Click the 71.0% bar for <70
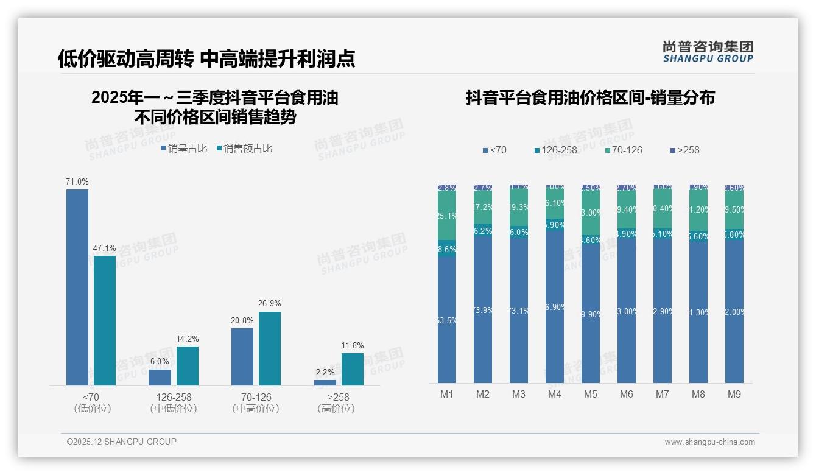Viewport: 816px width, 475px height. [77, 287]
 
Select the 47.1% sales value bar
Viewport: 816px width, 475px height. [105, 320]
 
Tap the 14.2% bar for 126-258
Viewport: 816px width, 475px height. [188, 366]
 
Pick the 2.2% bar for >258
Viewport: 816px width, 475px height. [325, 382]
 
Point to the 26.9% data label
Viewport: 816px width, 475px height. [270, 303]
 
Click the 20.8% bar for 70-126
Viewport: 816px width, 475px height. [242, 357]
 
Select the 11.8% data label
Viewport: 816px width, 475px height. [353, 346]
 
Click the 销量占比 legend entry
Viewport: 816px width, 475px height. [184, 149]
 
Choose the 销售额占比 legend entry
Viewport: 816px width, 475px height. [244, 149]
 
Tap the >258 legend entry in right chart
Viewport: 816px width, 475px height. [684, 150]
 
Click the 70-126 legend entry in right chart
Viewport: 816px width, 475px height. [624, 150]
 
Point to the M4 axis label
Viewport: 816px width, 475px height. [554, 394]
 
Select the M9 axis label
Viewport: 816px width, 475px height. [734, 394]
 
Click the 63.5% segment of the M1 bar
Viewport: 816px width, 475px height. [447, 320]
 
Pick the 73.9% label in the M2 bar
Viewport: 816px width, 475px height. [483, 310]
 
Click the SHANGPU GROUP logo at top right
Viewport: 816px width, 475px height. [708, 52]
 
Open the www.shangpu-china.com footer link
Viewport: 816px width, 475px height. [709, 442]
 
